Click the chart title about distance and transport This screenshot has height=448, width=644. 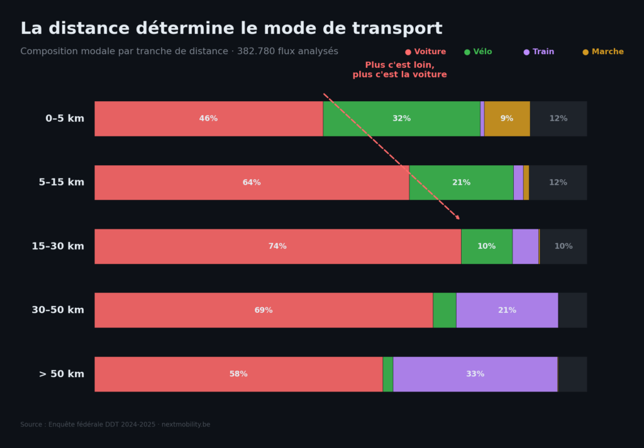[x=231, y=29]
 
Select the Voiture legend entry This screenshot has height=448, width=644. [x=426, y=52]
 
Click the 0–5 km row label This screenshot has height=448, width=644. [x=64, y=119]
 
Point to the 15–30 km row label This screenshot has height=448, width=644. [x=58, y=246]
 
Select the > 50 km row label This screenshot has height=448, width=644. [x=61, y=374]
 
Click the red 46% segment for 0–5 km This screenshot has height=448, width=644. [x=209, y=119]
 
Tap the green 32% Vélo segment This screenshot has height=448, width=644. [x=401, y=119]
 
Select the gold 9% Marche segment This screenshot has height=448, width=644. [x=507, y=119]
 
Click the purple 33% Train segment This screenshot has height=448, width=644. [x=475, y=374]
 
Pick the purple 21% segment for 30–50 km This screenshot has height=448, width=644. [x=507, y=310]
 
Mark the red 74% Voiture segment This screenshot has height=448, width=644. [x=277, y=246]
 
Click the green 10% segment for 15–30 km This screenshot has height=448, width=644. [x=486, y=246]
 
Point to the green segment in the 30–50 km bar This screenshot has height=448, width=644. [x=445, y=310]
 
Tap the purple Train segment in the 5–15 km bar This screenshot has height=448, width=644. [x=518, y=183]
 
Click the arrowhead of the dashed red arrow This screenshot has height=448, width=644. [x=458, y=218]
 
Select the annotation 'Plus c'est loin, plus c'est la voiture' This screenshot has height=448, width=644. [x=399, y=70]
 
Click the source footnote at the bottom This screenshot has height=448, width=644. [x=115, y=425]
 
